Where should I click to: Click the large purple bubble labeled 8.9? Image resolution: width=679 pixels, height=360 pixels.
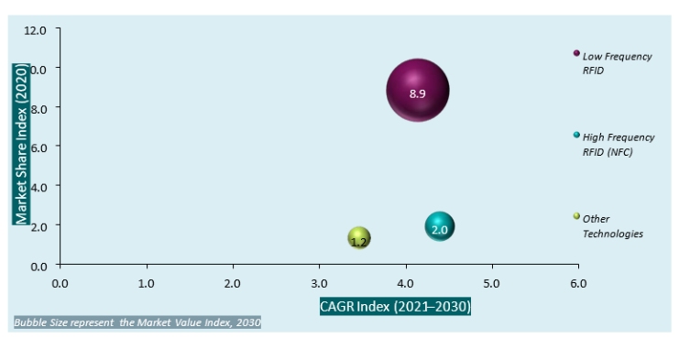coord(418,91)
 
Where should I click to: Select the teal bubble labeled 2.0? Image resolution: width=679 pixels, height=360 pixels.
coord(440,227)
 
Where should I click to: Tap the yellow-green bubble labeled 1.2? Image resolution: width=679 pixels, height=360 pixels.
coord(359,238)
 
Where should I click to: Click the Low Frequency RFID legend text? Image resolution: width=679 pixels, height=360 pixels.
coord(617,62)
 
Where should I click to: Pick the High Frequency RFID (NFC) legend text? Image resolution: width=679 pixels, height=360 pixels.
coord(619,144)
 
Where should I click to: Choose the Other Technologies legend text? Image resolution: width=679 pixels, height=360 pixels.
coord(612,226)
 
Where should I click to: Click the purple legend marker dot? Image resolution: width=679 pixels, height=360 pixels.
coord(576,53)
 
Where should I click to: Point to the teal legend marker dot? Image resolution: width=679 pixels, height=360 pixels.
coord(576,135)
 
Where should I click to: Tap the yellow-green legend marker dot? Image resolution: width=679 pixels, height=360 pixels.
coord(576,216)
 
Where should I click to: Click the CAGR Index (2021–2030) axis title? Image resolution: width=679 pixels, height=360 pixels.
coord(395,305)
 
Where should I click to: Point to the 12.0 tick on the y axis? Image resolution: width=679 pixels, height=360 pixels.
coord(35,30)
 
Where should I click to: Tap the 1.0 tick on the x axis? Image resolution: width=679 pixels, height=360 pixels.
coord(147,283)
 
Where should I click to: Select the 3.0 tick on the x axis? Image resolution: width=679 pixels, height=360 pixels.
coord(319,283)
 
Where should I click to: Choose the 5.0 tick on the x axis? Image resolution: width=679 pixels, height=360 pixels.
coord(492,283)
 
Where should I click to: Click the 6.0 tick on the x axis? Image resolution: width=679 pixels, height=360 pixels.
coord(578,283)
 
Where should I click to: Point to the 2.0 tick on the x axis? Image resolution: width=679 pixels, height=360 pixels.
coord(233,283)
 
